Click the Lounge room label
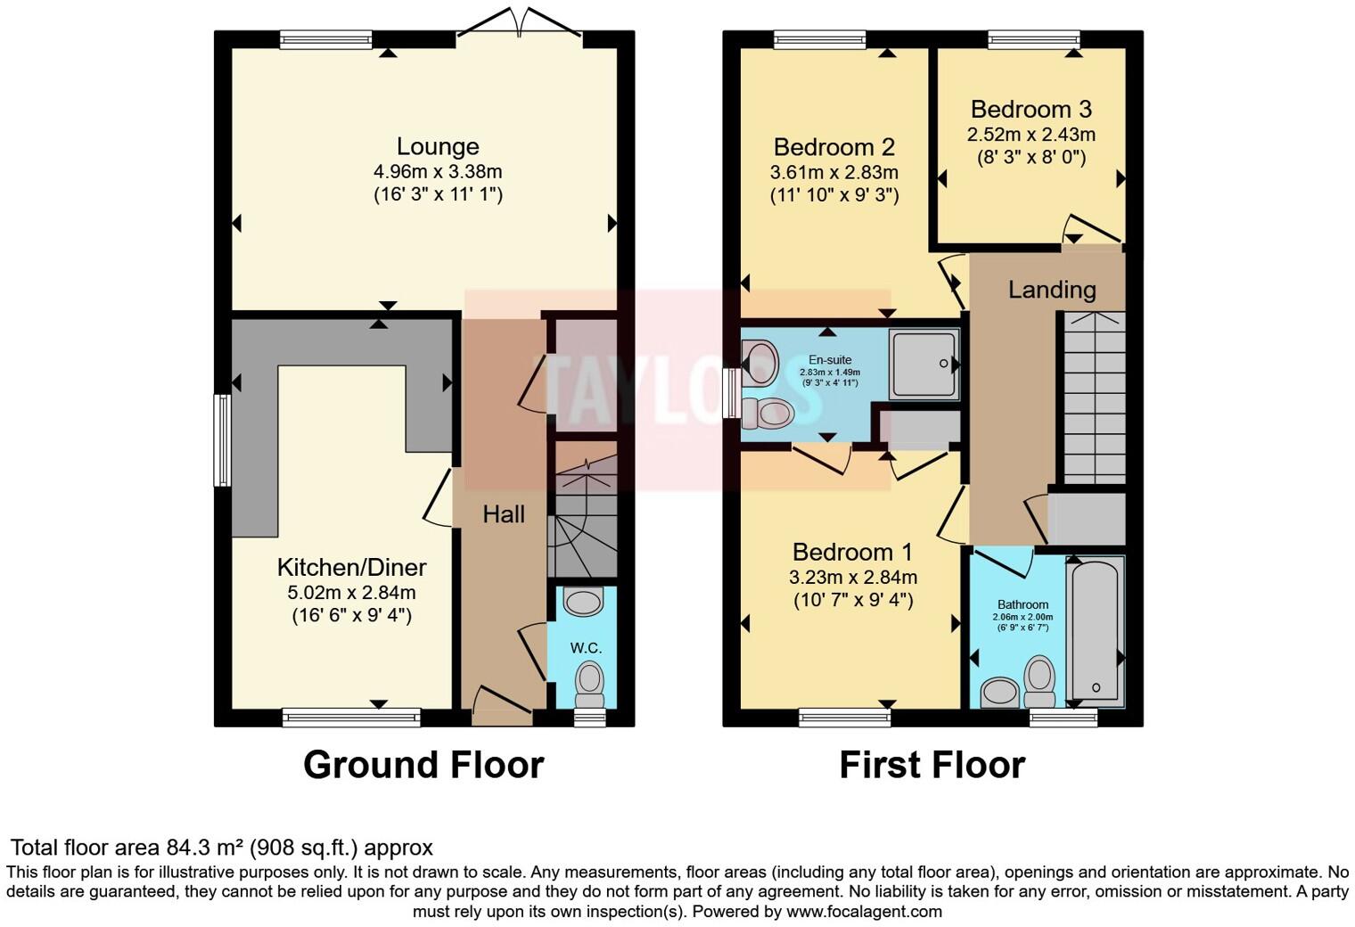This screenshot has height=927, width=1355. pyautogui.click(x=437, y=146)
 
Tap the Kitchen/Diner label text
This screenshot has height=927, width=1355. pyautogui.click(x=351, y=567)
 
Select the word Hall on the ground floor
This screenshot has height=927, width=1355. pyautogui.click(x=504, y=514)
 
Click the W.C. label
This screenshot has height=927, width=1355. pyautogui.click(x=587, y=648)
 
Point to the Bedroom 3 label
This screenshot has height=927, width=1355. pyautogui.click(x=1031, y=110)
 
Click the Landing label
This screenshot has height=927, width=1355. pyautogui.click(x=1052, y=290)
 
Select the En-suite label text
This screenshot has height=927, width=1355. pyautogui.click(x=829, y=360)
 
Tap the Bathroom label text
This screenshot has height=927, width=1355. pyautogui.click(x=1022, y=604)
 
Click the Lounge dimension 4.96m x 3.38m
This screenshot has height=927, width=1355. pyautogui.click(x=437, y=171)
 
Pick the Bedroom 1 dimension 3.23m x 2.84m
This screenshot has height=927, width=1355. pyautogui.click(x=852, y=577)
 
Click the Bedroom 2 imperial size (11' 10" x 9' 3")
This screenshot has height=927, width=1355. pyautogui.click(x=834, y=195)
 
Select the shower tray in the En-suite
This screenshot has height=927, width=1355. pyautogui.click(x=924, y=364)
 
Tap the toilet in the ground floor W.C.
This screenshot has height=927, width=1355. pyautogui.click(x=588, y=683)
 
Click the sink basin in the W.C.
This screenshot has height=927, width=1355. pyautogui.click(x=584, y=602)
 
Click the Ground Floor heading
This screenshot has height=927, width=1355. pyautogui.click(x=423, y=765)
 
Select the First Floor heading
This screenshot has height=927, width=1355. pyautogui.click(x=932, y=765)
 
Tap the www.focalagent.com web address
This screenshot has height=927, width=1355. pyautogui.click(x=863, y=911)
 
